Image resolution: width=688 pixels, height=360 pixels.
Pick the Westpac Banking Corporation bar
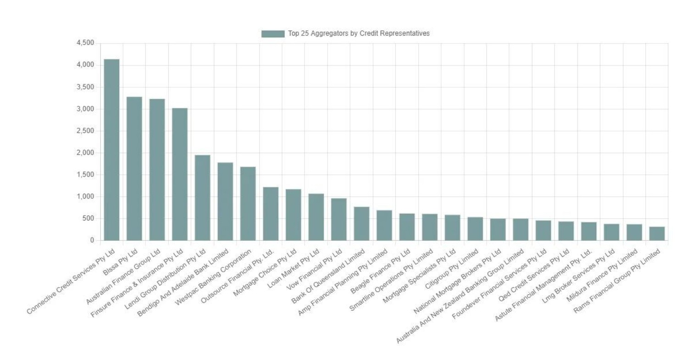248,204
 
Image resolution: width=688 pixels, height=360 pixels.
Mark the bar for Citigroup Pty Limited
475,229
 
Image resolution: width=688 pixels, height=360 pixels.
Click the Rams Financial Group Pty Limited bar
657,233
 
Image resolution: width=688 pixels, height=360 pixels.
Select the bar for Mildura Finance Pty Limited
634,232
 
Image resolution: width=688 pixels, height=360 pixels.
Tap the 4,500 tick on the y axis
85,43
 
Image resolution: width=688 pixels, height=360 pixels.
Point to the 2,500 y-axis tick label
85,131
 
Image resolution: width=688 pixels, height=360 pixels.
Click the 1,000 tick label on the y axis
85,197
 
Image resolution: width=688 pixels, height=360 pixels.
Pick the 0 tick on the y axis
92,240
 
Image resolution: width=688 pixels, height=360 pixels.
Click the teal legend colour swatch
273,33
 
